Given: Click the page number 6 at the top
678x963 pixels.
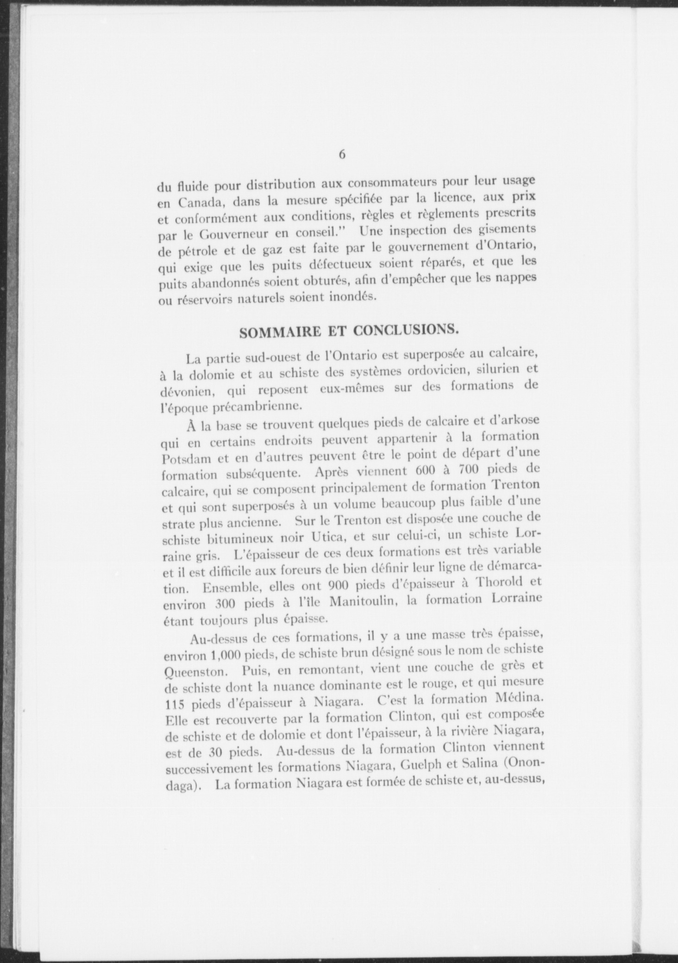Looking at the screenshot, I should click(x=342, y=155).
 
